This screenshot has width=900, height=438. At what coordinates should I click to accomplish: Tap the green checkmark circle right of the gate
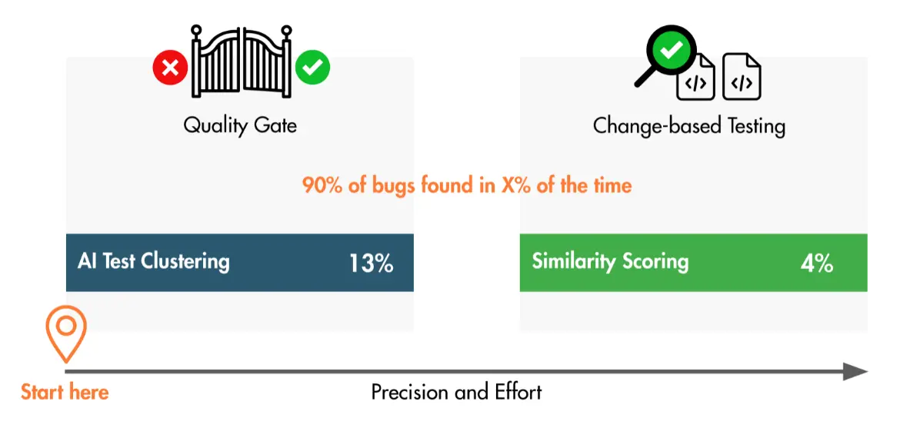312,68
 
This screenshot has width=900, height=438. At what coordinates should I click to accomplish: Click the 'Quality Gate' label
240,125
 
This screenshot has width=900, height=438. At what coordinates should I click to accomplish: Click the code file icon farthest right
742,77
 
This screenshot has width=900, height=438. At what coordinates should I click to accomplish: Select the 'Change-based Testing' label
688,125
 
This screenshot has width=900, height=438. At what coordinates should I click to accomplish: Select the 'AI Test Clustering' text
154,261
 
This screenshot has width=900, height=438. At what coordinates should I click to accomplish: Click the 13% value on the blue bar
372,263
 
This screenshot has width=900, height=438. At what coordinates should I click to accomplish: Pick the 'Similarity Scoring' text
610,260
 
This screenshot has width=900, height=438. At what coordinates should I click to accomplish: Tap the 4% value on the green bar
817,263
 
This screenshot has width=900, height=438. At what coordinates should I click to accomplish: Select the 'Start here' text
65,392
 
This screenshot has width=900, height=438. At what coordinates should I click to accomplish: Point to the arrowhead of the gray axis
855,371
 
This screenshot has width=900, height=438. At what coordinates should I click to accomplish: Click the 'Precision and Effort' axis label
457,393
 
